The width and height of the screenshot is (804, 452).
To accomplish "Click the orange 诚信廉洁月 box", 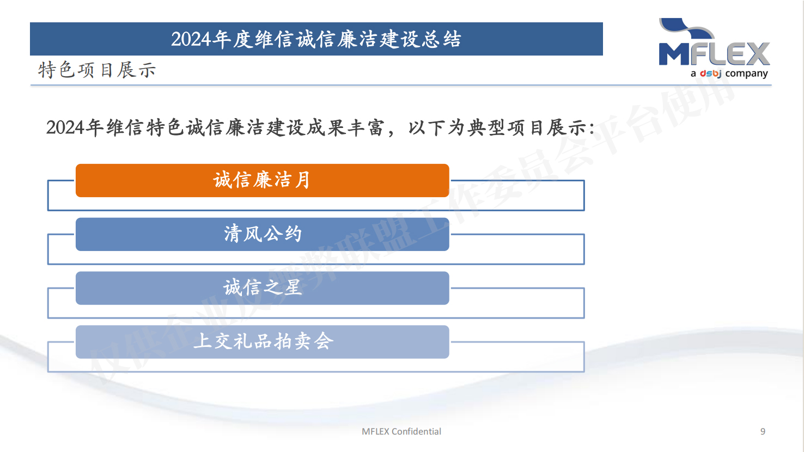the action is tap(263, 180).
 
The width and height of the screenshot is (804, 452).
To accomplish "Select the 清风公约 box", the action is tap(263, 234).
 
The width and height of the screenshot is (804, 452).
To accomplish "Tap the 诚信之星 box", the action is tap(263, 288).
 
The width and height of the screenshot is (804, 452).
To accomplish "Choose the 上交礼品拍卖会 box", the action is tap(263, 342).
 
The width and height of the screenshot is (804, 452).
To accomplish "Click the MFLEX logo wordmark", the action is tap(714, 54).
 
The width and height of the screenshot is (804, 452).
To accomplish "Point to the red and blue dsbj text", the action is tap(710, 74).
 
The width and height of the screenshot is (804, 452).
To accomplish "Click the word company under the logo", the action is tap(747, 74).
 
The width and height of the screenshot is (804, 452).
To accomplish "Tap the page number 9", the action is tap(763, 431).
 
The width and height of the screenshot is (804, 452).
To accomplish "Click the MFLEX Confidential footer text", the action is tap(401, 431).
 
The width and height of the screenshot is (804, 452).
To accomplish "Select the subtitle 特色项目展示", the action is tap(97, 70).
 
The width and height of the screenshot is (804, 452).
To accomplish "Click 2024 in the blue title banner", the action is tap(191, 39).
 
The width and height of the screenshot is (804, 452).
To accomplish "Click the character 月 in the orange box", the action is tap(302, 180).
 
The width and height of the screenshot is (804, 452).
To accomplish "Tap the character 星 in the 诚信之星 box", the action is tap(293, 288).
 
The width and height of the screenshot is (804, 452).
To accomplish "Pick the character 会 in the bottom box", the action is tap(324, 341).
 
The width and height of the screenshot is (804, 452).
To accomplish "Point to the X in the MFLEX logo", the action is tap(758, 54).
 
